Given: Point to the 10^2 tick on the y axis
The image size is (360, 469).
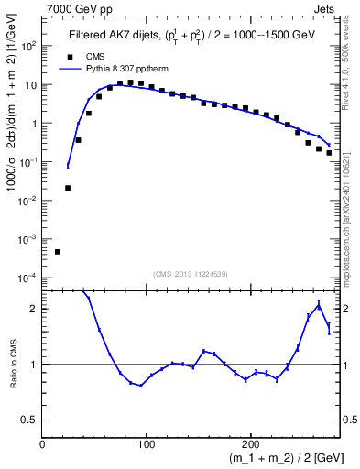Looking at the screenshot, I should pos(27,46).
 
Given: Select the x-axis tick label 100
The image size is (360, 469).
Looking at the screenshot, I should pos(146,444).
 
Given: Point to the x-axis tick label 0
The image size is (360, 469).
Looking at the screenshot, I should pos(42,444).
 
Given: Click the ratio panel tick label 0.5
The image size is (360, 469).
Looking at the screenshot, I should pos(28,420).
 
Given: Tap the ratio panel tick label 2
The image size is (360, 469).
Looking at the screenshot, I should pos(33,309).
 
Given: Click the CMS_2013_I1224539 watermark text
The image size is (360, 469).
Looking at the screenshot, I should pos(191,274).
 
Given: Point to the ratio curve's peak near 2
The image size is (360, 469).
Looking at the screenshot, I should pos(318,304).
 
